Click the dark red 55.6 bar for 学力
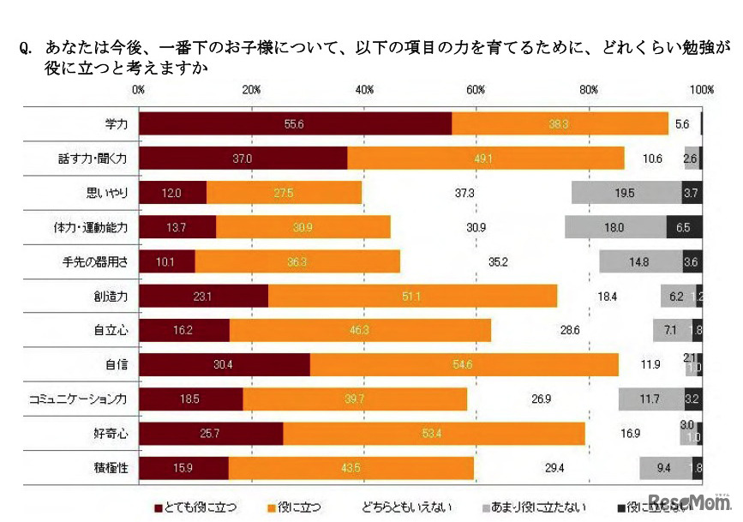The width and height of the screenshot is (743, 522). pos(294,124)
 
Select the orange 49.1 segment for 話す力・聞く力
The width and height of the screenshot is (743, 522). pos(485,159)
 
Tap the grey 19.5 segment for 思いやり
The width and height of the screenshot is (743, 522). pos(626,193)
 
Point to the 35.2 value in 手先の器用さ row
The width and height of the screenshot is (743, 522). pos(497,261)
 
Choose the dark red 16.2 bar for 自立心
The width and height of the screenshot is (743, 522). pos(183,330)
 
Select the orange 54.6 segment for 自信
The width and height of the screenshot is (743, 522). pos(464,364)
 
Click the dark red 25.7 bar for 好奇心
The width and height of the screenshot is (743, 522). pos(210,433)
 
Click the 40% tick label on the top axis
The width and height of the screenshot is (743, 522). pos(363,90)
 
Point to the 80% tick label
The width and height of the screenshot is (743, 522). pos(589,90)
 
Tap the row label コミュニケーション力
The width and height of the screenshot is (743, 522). pos(78,399)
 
